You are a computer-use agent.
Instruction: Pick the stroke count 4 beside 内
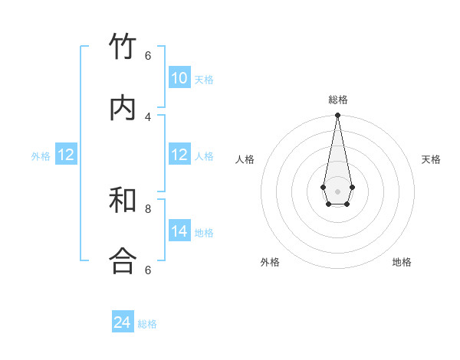148,116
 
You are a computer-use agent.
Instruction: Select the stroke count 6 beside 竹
148,55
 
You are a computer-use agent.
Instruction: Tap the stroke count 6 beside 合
148,270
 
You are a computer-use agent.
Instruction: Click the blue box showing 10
179,78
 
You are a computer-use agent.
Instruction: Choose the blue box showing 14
179,231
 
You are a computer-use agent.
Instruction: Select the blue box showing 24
123,322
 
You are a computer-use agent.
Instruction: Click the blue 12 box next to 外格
66,155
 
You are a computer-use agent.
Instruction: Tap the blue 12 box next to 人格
179,155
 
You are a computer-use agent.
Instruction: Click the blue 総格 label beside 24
147,324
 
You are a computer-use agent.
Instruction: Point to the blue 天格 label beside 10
204,80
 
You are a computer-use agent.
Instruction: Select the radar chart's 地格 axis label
402,262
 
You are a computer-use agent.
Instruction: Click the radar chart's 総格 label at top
338,100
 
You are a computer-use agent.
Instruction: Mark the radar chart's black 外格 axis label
270,262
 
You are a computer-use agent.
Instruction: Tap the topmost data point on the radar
337,116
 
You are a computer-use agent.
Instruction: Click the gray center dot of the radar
337,191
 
